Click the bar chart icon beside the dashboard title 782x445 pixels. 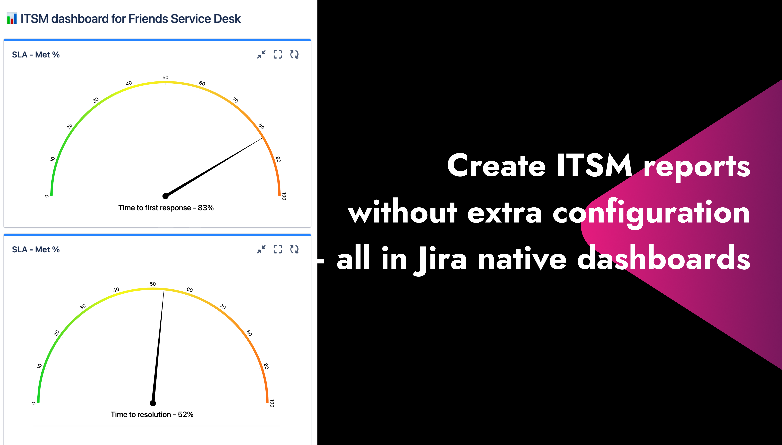[12, 19]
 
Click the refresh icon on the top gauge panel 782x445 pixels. [294, 54]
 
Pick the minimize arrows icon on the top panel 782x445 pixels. [261, 54]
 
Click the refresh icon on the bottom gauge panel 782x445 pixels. [294, 249]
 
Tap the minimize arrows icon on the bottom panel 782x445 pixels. [261, 249]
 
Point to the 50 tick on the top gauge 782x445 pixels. [165, 78]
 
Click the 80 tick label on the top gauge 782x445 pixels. [261, 126]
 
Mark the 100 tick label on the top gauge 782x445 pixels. [284, 196]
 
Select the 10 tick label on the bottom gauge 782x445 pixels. [39, 366]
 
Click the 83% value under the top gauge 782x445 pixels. [206, 208]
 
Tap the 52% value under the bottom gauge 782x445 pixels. [186, 414]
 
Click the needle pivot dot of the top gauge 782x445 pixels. [165, 196]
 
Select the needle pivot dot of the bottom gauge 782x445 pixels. [153, 403]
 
